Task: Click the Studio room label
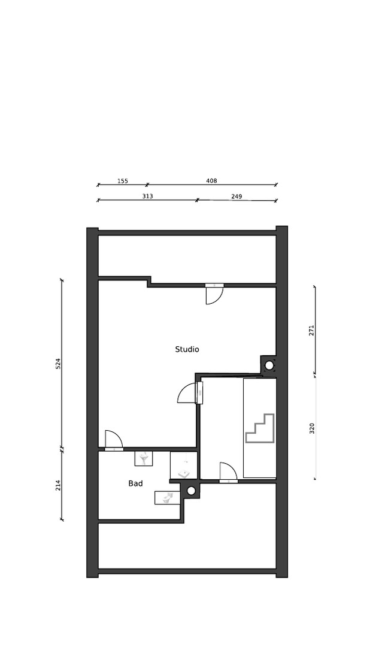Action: (187, 349)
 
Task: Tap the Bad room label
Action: (135, 483)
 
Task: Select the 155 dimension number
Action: (123, 181)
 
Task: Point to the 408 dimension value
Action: (211, 180)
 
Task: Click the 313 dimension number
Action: (148, 196)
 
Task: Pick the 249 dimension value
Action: (236, 196)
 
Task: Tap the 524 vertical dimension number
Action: (58, 363)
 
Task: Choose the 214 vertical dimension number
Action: (58, 485)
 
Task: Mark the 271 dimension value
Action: (312, 330)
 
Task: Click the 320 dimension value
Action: (312, 428)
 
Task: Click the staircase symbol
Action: (260, 428)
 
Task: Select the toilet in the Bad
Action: (168, 498)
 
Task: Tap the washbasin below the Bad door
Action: (144, 458)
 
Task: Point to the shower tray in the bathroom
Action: (184, 465)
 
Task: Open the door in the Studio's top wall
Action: (214, 294)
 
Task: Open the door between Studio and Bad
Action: (114, 441)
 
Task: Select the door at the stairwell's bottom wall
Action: (228, 473)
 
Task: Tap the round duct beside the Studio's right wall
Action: (269, 365)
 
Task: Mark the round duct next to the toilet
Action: (191, 491)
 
